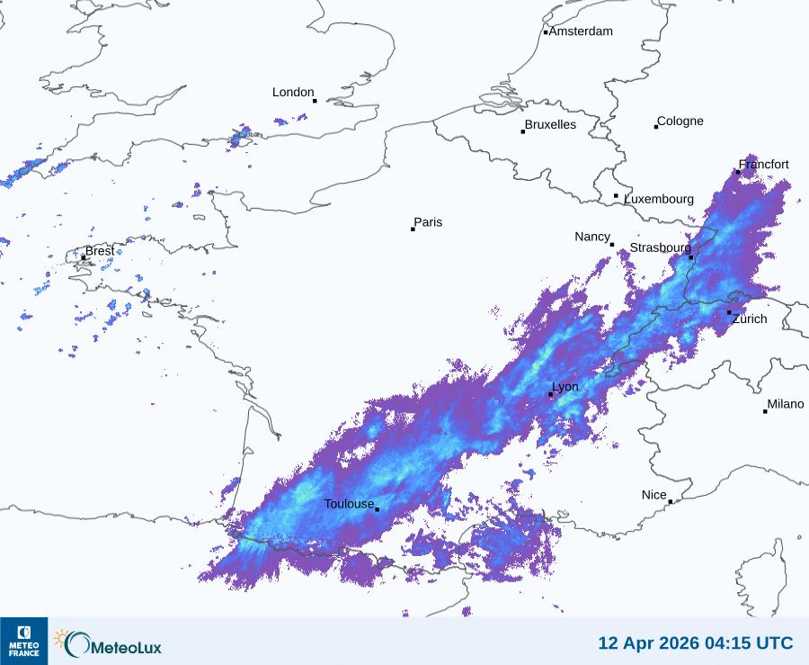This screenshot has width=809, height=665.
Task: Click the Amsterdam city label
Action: pos(581,31)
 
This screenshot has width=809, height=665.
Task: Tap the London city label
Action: pos(293,93)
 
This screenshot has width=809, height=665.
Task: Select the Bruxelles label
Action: pos(550,125)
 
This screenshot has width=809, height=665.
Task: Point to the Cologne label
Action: pos(680,121)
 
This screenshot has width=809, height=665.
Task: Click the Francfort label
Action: pos(764,165)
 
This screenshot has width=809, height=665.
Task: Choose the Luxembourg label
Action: pos(659,199)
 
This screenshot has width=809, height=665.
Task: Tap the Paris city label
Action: pos(428,223)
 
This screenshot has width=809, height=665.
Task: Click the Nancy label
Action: pos(592,237)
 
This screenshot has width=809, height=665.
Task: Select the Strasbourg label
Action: pos(660,247)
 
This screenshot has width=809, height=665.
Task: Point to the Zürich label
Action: pos(750,319)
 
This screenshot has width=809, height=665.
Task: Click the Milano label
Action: pos(786,405)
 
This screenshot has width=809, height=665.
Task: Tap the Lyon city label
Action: pos(565,387)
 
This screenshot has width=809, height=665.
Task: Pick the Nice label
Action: pos(653,495)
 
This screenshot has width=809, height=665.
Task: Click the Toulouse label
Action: pos(349,504)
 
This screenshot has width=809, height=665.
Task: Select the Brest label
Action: pos(100,251)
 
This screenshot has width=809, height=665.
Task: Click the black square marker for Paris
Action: pos(413,229)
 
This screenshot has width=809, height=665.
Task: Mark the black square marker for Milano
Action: pos(765,411)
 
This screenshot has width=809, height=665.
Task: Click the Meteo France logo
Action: pos(23,641)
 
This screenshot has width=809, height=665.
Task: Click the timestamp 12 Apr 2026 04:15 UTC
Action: pos(696,643)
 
